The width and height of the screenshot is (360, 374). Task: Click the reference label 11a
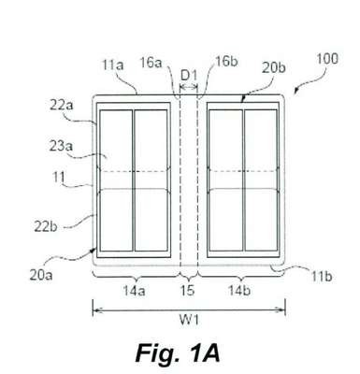point(113,65)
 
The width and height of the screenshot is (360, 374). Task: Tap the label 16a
point(151,63)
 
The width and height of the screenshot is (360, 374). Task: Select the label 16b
point(226,61)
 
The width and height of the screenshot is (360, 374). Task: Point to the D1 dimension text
point(189,76)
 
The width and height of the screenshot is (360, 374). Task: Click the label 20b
point(273,68)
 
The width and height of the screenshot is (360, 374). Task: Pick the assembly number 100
point(327,59)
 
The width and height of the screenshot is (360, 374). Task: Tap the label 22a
point(62,106)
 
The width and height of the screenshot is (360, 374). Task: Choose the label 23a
point(61,146)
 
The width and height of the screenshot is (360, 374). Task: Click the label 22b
point(46,227)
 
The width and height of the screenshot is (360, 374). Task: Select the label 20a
point(41,275)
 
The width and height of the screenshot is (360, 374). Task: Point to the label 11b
point(322,277)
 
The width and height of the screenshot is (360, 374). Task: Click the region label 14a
point(134,291)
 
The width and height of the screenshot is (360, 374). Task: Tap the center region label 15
point(188,291)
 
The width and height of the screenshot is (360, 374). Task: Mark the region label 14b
point(239,291)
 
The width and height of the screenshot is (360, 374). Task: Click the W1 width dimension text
point(189,320)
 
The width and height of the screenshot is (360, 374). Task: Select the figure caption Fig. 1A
point(178,353)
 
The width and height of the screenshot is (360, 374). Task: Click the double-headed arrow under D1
point(189,87)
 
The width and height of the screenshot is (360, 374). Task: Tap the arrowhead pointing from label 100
point(296,91)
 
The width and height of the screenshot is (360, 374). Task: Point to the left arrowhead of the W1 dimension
point(96,310)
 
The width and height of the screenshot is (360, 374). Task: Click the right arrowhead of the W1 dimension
point(281,310)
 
